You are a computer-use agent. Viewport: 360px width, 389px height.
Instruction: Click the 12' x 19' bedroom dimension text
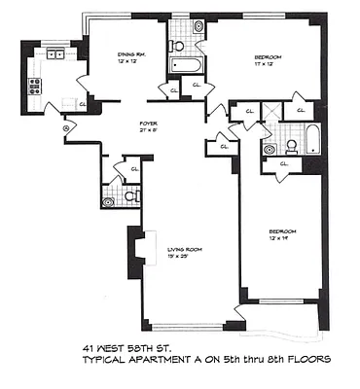point(281,238)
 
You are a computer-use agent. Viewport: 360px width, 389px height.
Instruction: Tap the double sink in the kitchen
point(54,55)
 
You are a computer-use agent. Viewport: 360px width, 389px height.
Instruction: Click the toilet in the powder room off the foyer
point(109,202)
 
